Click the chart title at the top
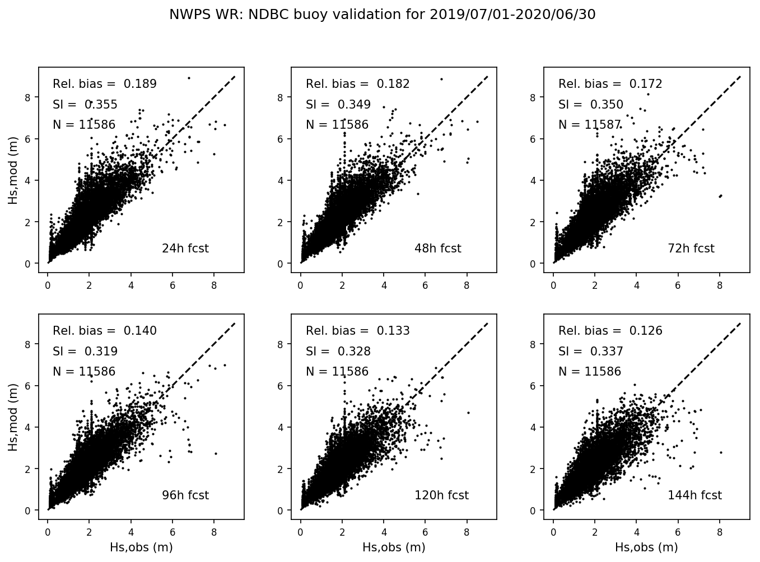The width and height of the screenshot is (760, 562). (x=382, y=15)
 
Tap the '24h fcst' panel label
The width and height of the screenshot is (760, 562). (x=185, y=249)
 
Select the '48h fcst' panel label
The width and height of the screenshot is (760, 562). (x=437, y=249)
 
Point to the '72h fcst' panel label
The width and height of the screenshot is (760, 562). (x=691, y=249)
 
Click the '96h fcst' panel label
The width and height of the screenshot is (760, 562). (x=185, y=495)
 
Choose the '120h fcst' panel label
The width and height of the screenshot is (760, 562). (x=441, y=495)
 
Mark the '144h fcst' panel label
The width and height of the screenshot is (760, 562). (x=694, y=495)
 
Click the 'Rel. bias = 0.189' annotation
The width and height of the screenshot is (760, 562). (x=105, y=84)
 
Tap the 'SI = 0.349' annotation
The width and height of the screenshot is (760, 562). (x=338, y=104)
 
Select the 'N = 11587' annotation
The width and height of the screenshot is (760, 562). (x=589, y=125)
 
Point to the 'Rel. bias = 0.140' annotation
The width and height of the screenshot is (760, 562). (x=105, y=331)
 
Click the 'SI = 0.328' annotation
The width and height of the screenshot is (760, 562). (x=338, y=352)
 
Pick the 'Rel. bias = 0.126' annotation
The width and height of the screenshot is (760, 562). (x=610, y=331)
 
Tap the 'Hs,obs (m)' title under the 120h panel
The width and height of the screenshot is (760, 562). (x=394, y=547)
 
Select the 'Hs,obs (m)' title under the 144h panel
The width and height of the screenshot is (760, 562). (x=646, y=547)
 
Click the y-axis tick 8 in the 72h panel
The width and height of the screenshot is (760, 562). (x=534, y=97)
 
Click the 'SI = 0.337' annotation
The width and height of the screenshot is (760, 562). (x=590, y=352)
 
